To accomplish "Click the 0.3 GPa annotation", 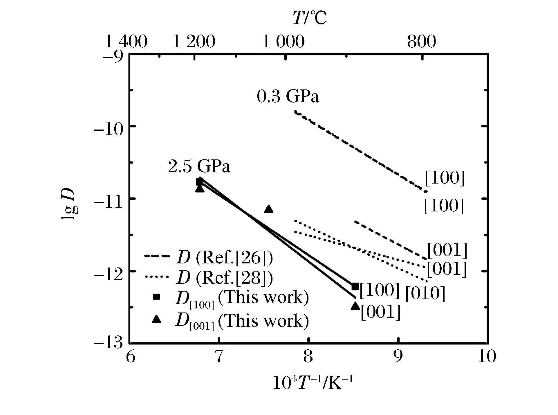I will point(288,96).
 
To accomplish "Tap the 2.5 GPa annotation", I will point(199,167).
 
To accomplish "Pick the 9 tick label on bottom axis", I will point(398,356).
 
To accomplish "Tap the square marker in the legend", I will point(157,297).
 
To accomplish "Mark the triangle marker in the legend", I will point(157,319).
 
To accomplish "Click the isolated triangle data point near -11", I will point(269,209).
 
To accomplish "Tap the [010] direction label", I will point(425,294).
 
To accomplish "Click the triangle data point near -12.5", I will point(355,306).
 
